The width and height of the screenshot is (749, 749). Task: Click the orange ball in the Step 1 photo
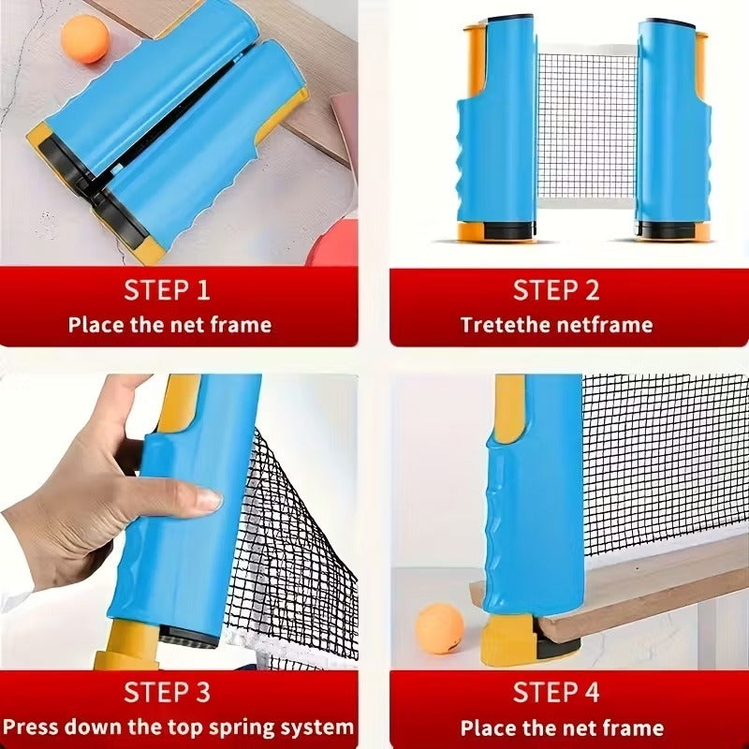click(x=85, y=39)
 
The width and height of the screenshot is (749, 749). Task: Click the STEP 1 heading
click(x=169, y=290)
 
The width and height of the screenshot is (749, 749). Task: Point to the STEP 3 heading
click(x=169, y=692)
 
